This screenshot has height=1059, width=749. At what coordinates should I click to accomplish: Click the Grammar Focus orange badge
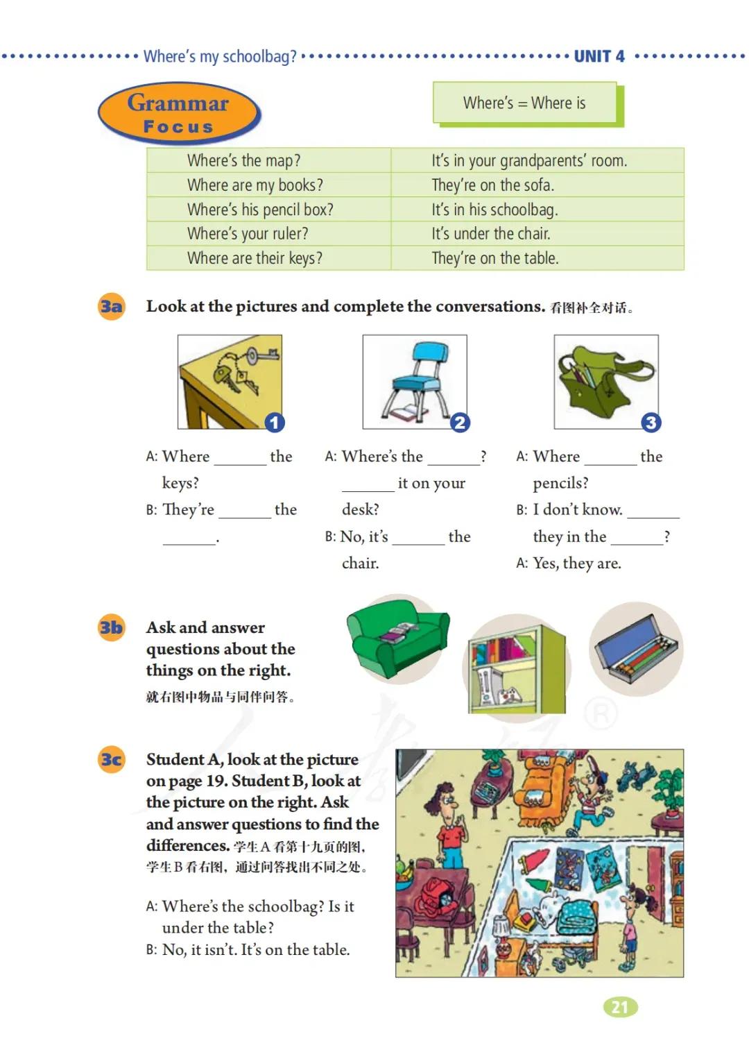(179, 114)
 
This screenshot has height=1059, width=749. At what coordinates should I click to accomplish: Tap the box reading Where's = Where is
(525, 103)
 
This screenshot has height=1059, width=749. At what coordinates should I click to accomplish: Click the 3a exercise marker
(111, 306)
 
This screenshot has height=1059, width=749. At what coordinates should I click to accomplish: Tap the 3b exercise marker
(111, 627)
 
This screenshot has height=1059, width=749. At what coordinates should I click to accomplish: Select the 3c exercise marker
(111, 759)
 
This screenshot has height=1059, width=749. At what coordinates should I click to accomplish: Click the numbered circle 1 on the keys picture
(275, 422)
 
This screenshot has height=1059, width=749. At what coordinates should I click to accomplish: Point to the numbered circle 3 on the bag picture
(650, 422)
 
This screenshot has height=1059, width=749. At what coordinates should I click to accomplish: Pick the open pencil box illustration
(637, 648)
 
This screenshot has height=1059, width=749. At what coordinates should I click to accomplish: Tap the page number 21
(620, 1007)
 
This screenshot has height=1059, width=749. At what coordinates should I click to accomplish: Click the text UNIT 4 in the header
(599, 57)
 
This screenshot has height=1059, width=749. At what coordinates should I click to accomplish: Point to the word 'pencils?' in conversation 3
(560, 483)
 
